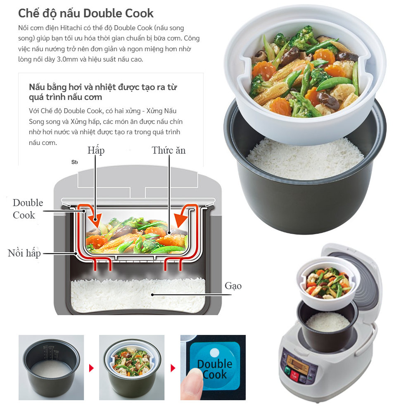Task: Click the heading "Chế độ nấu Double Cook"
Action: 85,13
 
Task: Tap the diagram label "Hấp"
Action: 96,150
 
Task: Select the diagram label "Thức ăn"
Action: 169,150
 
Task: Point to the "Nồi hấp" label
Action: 24,253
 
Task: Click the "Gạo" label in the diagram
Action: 233,286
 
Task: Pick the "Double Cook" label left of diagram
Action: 27,209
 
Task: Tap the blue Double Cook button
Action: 215,363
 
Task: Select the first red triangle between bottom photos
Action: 92,367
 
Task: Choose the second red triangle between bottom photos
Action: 173,367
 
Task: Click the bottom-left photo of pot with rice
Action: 51,367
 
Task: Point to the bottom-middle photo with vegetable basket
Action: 132,367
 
